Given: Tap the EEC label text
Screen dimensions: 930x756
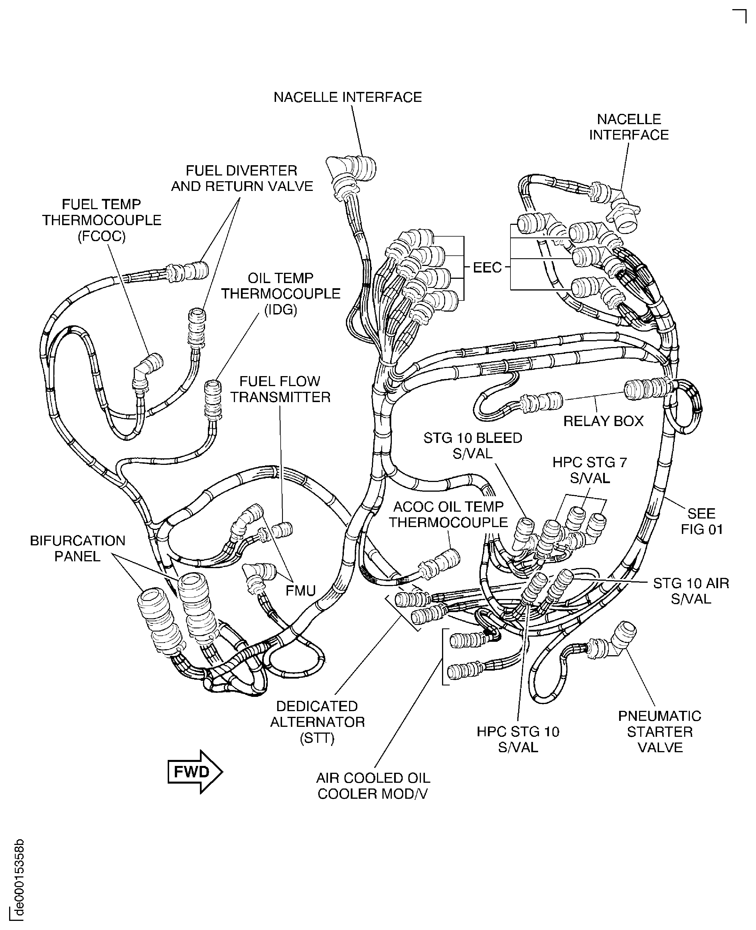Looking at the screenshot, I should (487, 268).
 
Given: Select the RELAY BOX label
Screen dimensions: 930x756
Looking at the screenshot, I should (603, 421).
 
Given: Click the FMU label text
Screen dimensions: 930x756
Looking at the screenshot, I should (301, 590).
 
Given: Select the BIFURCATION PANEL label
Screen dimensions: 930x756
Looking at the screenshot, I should (78, 548).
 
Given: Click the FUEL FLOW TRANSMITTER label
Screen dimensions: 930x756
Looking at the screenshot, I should (280, 389).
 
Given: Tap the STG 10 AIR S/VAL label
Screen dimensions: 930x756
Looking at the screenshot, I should (691, 591).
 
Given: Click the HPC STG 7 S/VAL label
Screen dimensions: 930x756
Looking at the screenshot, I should (590, 470).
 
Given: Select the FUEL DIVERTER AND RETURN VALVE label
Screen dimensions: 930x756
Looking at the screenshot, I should (242, 178).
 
